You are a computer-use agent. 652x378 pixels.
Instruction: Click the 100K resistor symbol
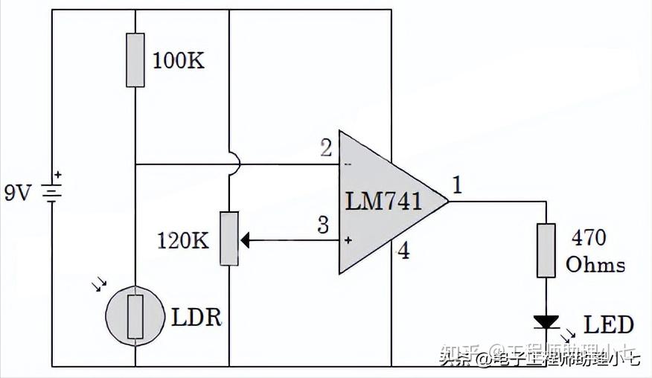135,60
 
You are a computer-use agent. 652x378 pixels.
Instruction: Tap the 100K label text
178,61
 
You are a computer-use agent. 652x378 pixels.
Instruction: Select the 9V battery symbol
51,193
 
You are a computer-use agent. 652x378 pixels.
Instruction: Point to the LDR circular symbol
135,315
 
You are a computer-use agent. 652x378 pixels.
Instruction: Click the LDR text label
196,318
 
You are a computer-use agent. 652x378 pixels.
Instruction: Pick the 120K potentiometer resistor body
229,238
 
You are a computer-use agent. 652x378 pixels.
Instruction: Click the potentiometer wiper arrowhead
245,240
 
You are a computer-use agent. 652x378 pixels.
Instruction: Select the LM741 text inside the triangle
384,201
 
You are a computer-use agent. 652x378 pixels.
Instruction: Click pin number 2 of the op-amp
325,148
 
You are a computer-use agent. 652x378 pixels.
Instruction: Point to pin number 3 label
323,225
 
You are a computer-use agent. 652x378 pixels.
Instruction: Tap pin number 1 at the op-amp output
457,185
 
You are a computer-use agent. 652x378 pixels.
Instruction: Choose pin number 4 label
403,251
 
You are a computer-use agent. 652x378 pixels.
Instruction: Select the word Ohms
595,264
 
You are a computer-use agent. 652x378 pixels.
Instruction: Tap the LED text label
609,324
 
